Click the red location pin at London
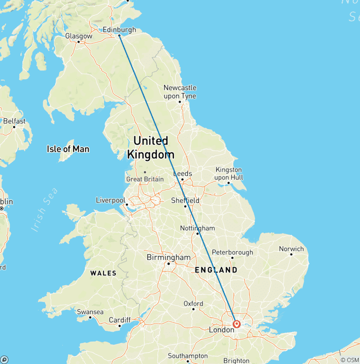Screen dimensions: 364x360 coord(237,324)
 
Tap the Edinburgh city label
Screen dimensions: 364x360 coord(120,30)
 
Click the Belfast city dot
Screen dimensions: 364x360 coord(14,127)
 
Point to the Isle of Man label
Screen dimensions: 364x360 coord(68,149)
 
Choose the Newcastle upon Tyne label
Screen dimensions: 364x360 coord(180,92)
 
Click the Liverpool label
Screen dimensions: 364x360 coord(110,200)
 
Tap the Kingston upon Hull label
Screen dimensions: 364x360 coord(229,174)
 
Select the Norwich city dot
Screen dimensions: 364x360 coord(291,254)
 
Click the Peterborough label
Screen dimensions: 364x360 coord(232,252)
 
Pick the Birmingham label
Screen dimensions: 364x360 coord(169,258)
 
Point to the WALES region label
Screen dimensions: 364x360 coord(103,273)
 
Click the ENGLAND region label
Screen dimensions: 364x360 coord(216,270)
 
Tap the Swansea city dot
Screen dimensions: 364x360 coord(90,318)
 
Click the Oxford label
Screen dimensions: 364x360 coord(193,303)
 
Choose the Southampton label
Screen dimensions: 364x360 coord(187,356)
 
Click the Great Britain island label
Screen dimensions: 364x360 coord(145,179)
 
